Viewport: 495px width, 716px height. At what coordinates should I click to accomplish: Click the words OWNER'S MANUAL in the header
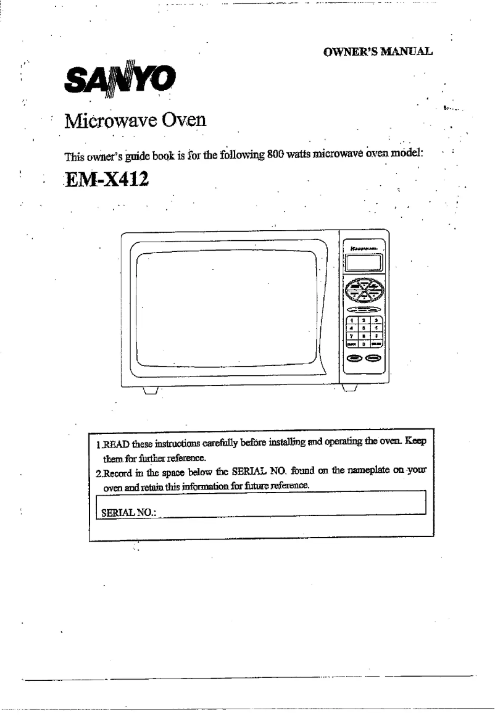378,51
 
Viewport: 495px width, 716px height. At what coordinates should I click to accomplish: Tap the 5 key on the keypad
365,328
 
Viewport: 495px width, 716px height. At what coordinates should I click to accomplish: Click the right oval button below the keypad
374,359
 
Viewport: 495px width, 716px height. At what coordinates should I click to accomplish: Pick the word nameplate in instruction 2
367,472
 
